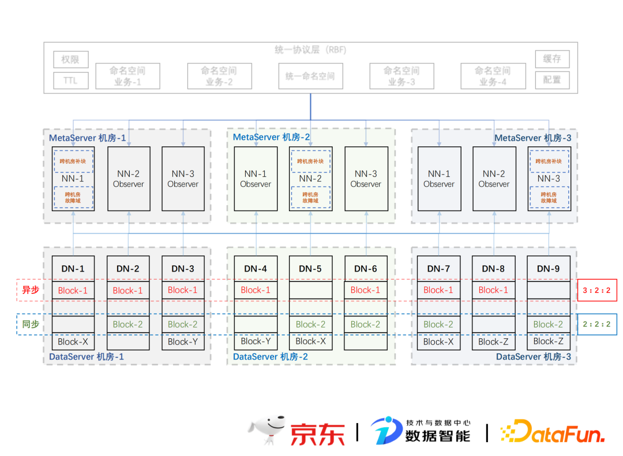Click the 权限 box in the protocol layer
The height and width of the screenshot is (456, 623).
pyautogui.click(x=70, y=59)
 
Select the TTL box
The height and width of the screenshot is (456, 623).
pyautogui.click(x=70, y=81)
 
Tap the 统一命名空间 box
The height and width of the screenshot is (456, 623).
pyautogui.click(x=310, y=76)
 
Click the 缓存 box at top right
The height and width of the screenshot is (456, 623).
pyautogui.click(x=552, y=59)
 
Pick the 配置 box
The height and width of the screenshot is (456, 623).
pyautogui.click(x=552, y=80)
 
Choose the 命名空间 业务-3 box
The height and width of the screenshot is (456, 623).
pyautogui.click(x=401, y=76)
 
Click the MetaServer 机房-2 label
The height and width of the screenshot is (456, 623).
pyautogui.click(x=271, y=137)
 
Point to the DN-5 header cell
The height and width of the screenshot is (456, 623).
pyautogui.click(x=310, y=269)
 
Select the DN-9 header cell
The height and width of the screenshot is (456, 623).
pyautogui.click(x=548, y=269)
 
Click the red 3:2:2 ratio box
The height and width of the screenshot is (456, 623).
pyautogui.click(x=596, y=291)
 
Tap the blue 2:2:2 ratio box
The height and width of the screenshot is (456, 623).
pyautogui.click(x=596, y=325)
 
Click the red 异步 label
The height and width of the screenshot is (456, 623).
pyautogui.click(x=31, y=290)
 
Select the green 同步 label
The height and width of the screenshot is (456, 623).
pyautogui.click(x=31, y=324)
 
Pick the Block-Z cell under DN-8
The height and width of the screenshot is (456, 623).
pyautogui.click(x=494, y=341)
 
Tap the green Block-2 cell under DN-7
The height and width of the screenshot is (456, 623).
pyautogui.click(x=438, y=325)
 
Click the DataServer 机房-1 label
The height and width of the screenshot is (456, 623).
pyautogui.click(x=87, y=357)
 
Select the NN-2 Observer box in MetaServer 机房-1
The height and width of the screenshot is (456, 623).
pyautogui.click(x=129, y=179)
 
